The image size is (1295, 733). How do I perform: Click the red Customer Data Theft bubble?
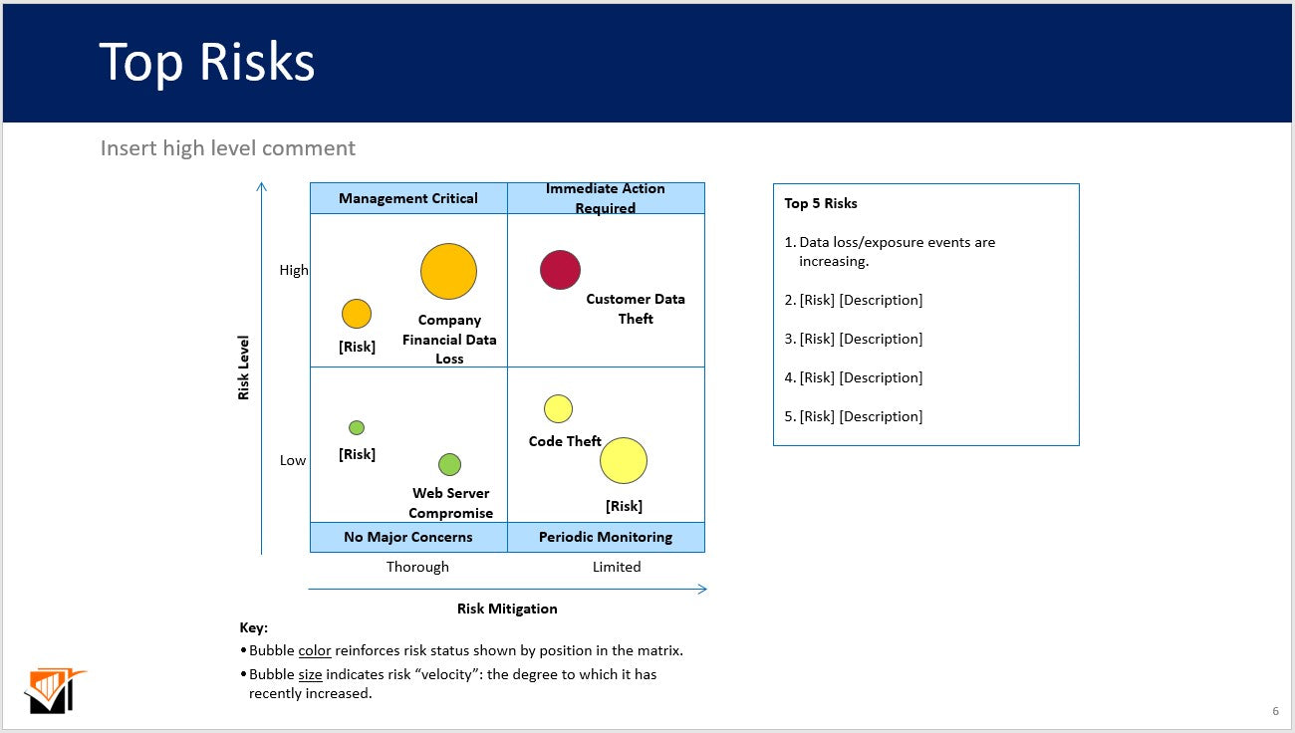pyautogui.click(x=560, y=270)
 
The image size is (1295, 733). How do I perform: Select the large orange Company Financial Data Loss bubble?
pyautogui.click(x=448, y=271)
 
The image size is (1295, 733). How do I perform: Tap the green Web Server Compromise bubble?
pyautogui.click(x=449, y=464)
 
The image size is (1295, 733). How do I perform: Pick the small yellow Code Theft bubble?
pyautogui.click(x=558, y=408)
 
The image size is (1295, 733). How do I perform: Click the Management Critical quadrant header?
pyautogui.click(x=408, y=198)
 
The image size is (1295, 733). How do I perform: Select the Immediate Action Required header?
pyautogui.click(x=606, y=198)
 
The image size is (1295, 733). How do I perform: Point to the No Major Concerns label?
pyautogui.click(x=408, y=537)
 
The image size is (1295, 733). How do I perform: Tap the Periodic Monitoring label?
pyautogui.click(x=606, y=537)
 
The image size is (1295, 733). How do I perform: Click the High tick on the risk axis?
pyautogui.click(x=294, y=270)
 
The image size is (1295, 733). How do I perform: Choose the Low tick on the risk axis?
pyautogui.click(x=293, y=460)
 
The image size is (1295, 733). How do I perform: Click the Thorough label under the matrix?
pyautogui.click(x=417, y=567)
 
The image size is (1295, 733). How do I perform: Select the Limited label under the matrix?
pyautogui.click(x=617, y=567)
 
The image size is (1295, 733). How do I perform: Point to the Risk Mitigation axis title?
pyautogui.click(x=507, y=609)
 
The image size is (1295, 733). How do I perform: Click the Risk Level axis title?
pyautogui.click(x=244, y=367)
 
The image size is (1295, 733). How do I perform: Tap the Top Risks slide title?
pyautogui.click(x=207, y=62)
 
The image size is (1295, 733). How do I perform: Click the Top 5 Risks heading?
pyautogui.click(x=821, y=203)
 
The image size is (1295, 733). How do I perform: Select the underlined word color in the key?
pyautogui.click(x=315, y=650)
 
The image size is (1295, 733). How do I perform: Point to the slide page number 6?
pyautogui.click(x=1275, y=711)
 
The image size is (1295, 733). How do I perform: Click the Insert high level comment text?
pyautogui.click(x=228, y=148)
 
